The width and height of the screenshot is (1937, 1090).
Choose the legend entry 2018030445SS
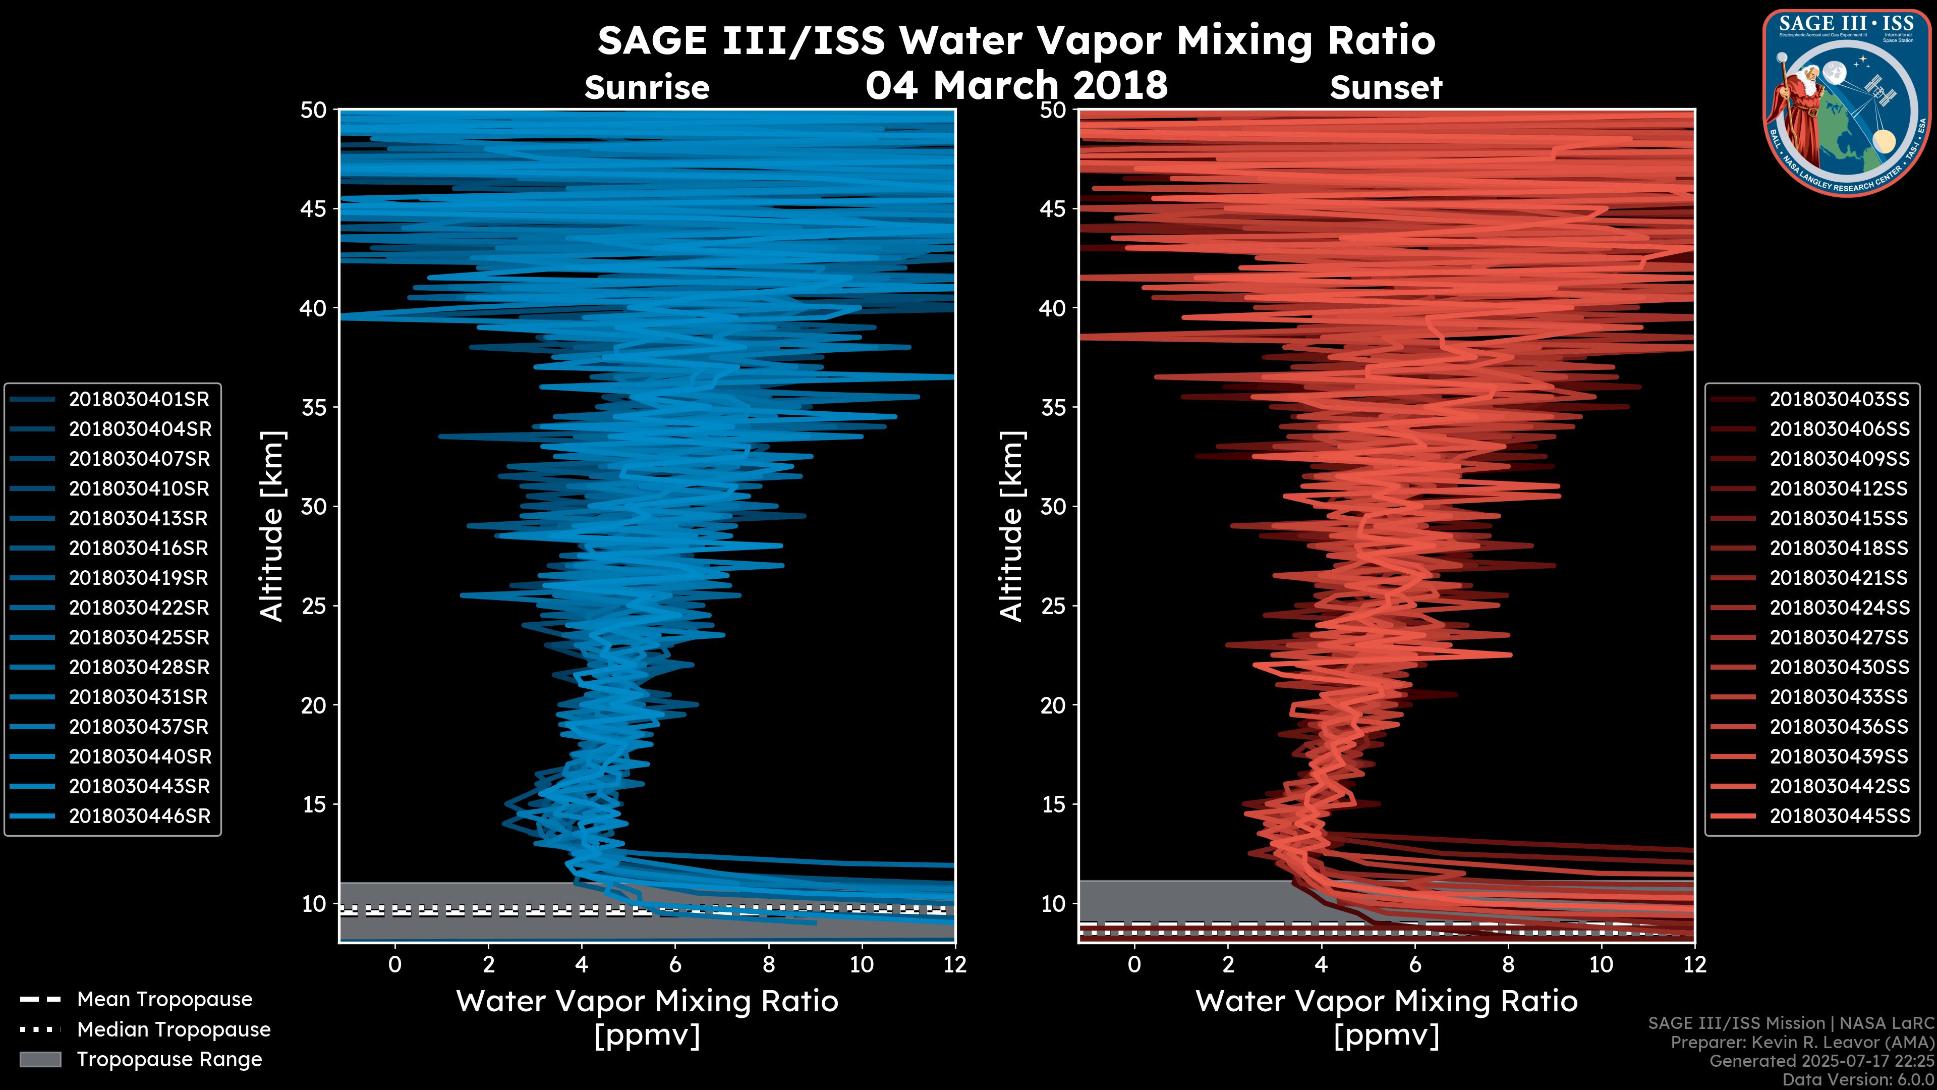click(x=1839, y=816)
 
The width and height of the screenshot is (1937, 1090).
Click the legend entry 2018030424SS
click(x=1839, y=608)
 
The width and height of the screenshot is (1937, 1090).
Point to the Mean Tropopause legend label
click(x=164, y=1000)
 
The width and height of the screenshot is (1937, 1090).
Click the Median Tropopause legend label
click(x=174, y=1030)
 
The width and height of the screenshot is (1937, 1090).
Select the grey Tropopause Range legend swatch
click(x=40, y=1059)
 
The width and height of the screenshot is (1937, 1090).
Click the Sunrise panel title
click(x=647, y=88)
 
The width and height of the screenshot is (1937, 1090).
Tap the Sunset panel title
click(x=1386, y=88)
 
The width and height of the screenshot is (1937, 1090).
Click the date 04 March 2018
click(x=1016, y=85)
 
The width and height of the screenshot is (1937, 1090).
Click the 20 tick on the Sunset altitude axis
click(x=1053, y=705)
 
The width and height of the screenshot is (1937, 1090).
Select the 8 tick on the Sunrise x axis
click(x=768, y=964)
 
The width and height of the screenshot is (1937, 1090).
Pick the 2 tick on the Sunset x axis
click(x=1228, y=964)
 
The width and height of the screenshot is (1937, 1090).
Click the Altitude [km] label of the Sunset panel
click(x=1011, y=526)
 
